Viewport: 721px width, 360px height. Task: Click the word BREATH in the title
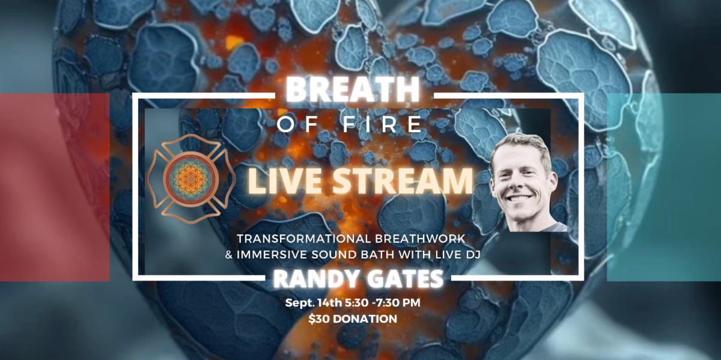pos(353,90)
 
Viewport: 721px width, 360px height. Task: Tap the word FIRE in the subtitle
pos(382,124)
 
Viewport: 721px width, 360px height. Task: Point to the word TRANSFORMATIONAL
pos(304,239)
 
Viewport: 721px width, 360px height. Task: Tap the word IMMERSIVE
pos(272,255)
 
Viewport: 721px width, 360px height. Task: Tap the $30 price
pos(318,319)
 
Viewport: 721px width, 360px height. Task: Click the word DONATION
pos(365,319)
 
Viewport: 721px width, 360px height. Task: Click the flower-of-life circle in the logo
pos(191,178)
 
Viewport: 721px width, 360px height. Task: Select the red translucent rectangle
pos(55,187)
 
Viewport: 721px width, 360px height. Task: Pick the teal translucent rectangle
pos(664,187)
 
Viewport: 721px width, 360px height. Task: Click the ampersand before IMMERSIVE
pos(229,255)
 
